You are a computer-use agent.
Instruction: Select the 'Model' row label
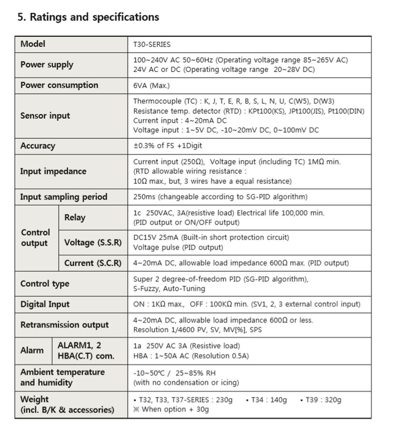[33, 44]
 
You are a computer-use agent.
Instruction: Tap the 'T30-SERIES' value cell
[152, 44]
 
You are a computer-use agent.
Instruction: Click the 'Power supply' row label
[47, 65]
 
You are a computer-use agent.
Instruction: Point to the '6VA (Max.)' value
[151, 85]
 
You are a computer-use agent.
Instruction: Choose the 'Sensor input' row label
[45, 116]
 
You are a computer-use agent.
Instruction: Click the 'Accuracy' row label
[38, 146]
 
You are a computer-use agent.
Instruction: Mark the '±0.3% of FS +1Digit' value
[167, 146]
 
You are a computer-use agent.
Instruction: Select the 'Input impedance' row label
[53, 171]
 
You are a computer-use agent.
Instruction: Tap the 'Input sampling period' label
[64, 197]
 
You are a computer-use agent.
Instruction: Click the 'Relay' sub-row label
[75, 217]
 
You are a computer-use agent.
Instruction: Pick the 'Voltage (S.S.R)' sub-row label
[93, 242]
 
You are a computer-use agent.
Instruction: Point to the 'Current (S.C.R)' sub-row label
[93, 263]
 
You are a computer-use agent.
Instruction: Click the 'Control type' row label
[45, 284]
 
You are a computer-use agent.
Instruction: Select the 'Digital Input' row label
[45, 304]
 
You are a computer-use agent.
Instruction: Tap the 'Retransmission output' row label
[65, 325]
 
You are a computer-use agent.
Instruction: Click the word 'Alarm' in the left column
[32, 350]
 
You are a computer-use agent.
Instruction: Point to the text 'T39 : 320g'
[323, 399]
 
